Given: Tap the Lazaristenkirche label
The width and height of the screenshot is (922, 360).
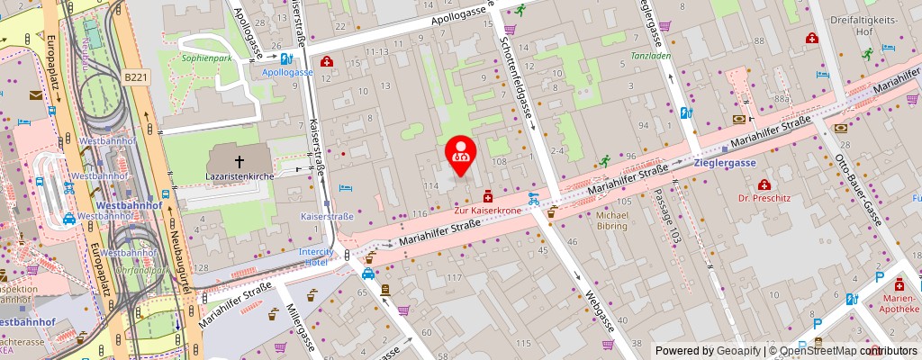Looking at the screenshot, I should coord(240,175).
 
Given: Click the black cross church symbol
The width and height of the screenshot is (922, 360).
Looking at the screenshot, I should coord(240,159).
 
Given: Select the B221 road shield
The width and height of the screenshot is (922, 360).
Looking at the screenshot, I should coord(136,77).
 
